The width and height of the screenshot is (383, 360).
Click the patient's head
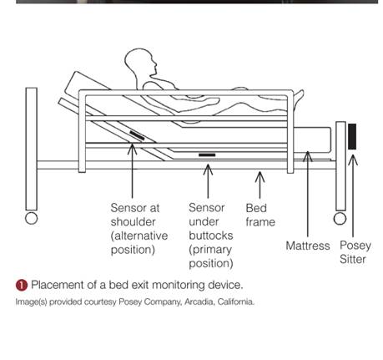click(x=139, y=64)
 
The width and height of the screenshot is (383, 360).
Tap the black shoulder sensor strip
click(x=137, y=135)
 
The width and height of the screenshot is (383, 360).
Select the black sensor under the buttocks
click(x=207, y=155)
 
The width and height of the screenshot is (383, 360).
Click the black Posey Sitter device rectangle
click(x=352, y=137)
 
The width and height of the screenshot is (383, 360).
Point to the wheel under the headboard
click(x=31, y=218)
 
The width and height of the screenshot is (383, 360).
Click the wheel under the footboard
click(x=340, y=219)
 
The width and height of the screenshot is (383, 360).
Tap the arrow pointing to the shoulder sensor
click(x=132, y=170)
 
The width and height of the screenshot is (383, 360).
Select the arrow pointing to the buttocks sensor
click(x=208, y=181)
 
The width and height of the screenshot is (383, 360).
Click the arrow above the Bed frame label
click(x=260, y=185)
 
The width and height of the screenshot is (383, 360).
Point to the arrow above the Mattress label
click(x=307, y=194)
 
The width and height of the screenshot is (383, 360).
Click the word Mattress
click(x=308, y=246)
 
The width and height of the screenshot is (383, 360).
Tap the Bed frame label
click(x=260, y=215)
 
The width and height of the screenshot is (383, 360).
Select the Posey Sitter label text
click(x=355, y=252)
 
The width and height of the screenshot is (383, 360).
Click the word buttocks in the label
click(x=211, y=236)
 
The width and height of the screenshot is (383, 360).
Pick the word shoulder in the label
click(x=133, y=222)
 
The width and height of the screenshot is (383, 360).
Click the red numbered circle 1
click(x=22, y=286)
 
